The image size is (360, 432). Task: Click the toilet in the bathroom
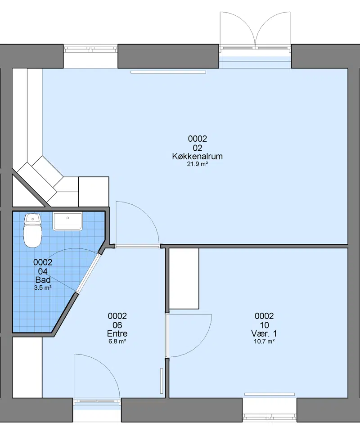coord(32,230)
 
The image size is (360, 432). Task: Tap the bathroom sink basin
coord(67,221)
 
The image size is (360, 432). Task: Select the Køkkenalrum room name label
coord(197,156)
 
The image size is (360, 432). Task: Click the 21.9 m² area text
coord(197,164)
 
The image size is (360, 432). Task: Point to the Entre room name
coord(117,333)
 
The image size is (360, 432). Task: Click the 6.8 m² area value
coord(117,342)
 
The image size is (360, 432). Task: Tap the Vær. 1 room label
coord(264,333)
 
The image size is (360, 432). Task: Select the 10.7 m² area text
coord(264,342)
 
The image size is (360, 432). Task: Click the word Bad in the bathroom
coord(43,280)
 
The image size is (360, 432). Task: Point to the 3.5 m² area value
coord(43,288)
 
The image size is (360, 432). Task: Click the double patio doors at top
coord(255,30)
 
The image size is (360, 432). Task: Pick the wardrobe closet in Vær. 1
coord(184,279)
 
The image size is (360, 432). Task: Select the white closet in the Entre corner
coord(27,367)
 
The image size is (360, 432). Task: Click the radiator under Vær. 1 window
coord(270,394)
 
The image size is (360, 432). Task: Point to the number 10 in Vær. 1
coord(264,325)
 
